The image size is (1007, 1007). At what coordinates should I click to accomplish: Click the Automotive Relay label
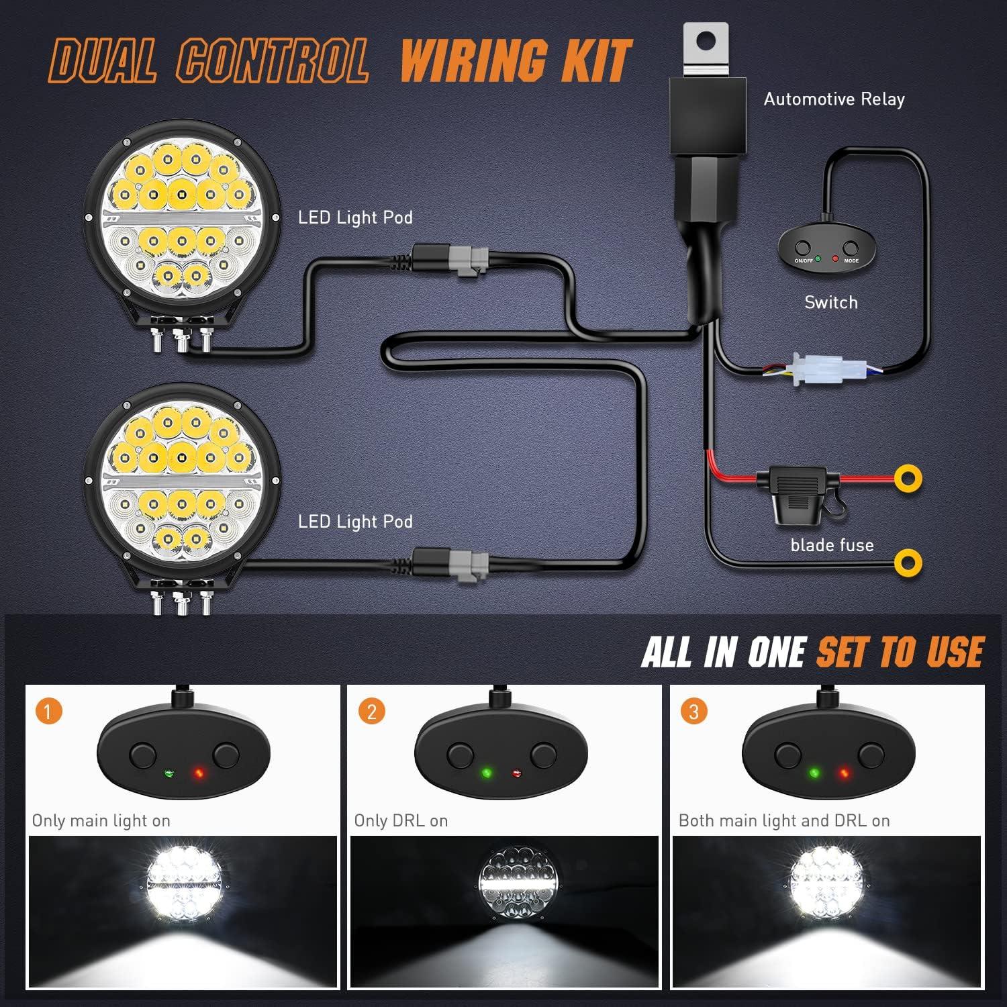tap(834, 99)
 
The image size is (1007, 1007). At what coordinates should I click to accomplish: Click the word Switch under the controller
tap(831, 303)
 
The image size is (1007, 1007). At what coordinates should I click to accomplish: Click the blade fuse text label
tap(832, 545)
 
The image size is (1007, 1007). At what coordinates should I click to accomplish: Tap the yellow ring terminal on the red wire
tap(908, 478)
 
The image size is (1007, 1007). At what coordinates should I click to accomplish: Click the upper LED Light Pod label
tap(355, 218)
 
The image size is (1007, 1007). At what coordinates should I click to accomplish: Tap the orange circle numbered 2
tap(372, 711)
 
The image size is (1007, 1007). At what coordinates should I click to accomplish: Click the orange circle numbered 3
tap(694, 711)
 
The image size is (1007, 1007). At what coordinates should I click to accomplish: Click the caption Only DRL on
tap(401, 820)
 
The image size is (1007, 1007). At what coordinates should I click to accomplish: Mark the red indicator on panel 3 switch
tap(844, 773)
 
